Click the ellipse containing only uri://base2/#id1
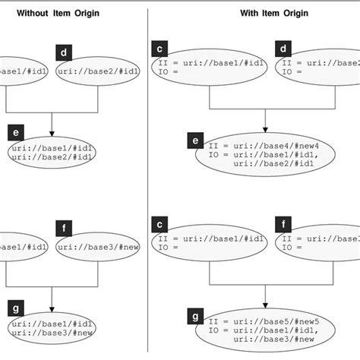[90, 71]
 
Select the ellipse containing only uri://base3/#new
[90, 246]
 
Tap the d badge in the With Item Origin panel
[283, 49]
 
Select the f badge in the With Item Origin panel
[283, 226]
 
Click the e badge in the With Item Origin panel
[197, 141]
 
